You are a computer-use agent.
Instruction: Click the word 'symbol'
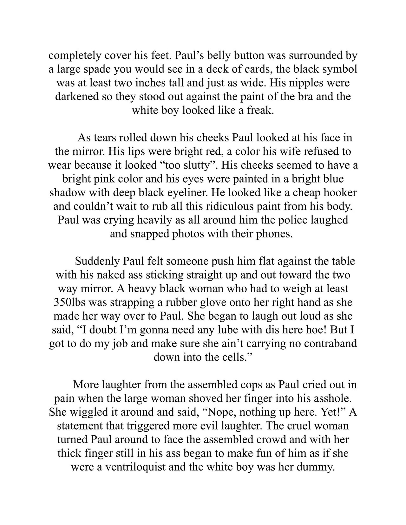(339, 69)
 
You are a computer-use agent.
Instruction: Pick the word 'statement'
(82, 425)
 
